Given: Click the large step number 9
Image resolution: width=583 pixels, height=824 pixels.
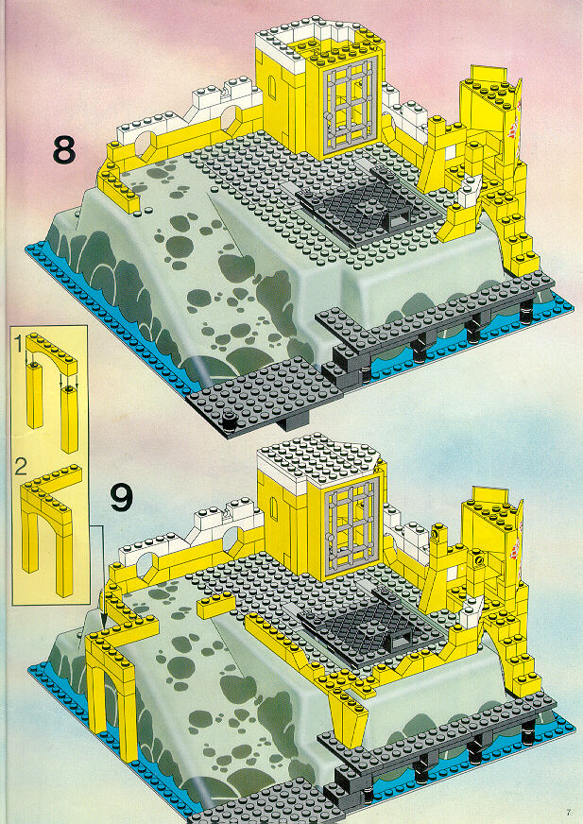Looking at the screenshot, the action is (x=121, y=498).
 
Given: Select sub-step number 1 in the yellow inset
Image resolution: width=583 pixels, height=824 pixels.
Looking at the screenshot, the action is (x=18, y=344).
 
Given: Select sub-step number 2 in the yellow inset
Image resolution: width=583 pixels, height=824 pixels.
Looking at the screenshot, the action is (x=21, y=467).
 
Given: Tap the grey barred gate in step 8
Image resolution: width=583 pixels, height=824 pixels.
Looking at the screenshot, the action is (x=350, y=104).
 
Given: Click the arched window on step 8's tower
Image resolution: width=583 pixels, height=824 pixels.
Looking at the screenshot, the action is (x=271, y=87).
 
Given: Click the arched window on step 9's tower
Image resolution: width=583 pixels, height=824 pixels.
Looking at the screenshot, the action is (x=273, y=508).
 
